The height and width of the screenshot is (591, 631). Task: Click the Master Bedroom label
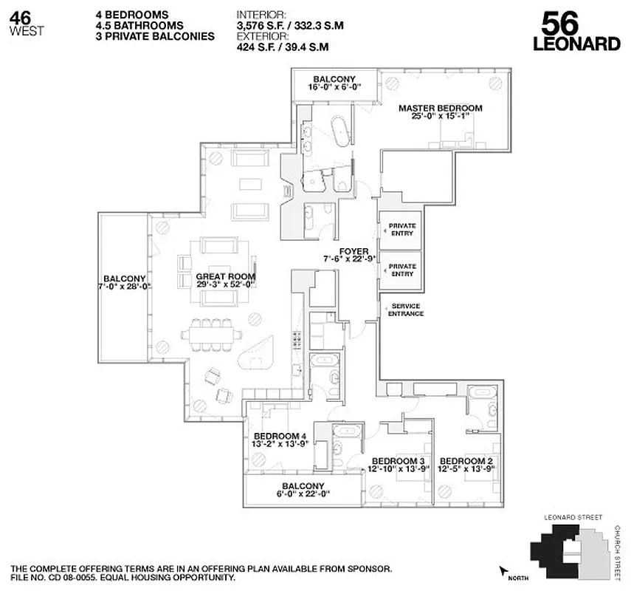[440, 109]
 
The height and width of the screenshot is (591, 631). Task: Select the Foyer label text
[349, 250]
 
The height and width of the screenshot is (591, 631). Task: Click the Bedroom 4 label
[279, 436]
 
